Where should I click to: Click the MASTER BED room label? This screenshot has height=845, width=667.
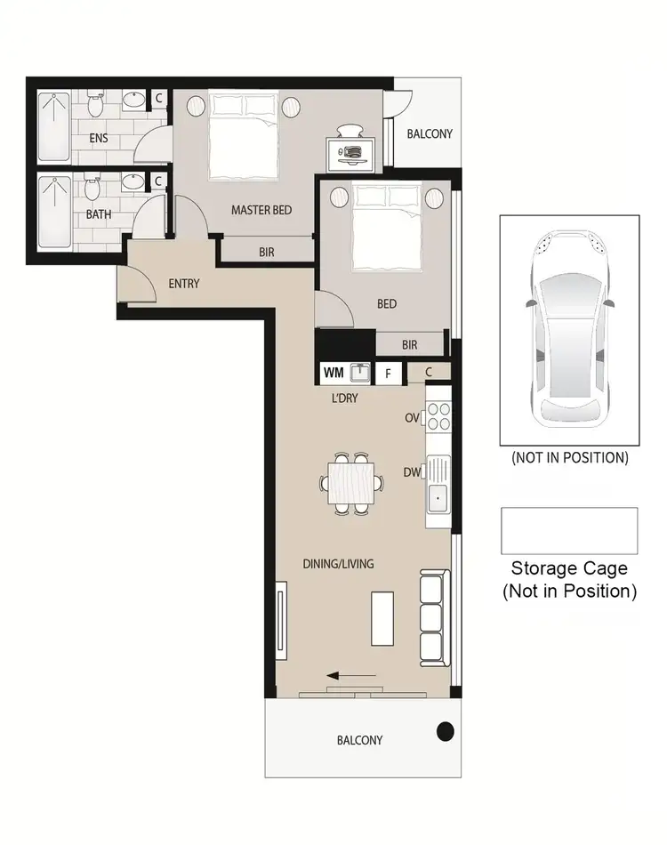coord(261,210)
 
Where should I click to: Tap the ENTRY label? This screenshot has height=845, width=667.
coord(184,284)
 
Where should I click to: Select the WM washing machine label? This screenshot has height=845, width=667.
coord(333,373)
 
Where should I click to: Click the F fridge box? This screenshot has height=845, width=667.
coord(388,374)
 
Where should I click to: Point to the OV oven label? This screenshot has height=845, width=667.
coord(412,417)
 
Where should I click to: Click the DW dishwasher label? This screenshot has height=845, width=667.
coord(412,473)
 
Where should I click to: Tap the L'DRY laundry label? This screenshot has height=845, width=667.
coord(344,398)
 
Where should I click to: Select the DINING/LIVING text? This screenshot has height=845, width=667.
coord(338,563)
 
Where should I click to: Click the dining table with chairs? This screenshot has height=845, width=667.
coord(352,484)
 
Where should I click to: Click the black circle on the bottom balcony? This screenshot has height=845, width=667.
coord(445,732)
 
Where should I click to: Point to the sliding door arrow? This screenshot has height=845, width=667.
coord(351,675)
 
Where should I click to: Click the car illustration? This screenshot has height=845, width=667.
coord(569,329)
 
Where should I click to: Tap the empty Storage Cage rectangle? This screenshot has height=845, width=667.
coord(569,530)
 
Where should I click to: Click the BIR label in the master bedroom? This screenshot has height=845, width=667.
coord(267,252)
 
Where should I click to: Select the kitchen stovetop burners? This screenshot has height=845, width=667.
coord(439,416)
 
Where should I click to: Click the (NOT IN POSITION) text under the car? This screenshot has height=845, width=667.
coord(569,458)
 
